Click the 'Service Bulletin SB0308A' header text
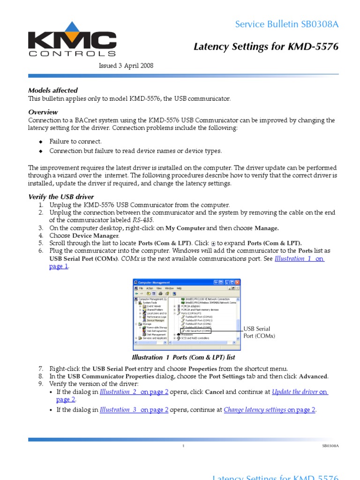287,24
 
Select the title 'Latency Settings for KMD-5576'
266,46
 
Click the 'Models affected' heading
53,90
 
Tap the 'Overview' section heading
43,112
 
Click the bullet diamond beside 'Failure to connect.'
41,142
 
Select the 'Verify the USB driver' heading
61,197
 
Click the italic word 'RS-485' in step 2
143,220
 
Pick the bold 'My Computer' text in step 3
185,228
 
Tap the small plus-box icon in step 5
214,243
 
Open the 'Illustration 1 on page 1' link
300,259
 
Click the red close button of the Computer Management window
238,283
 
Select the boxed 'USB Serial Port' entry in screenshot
196,330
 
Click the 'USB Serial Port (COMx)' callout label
259,333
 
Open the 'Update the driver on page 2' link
300,392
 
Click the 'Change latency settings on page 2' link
270,410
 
